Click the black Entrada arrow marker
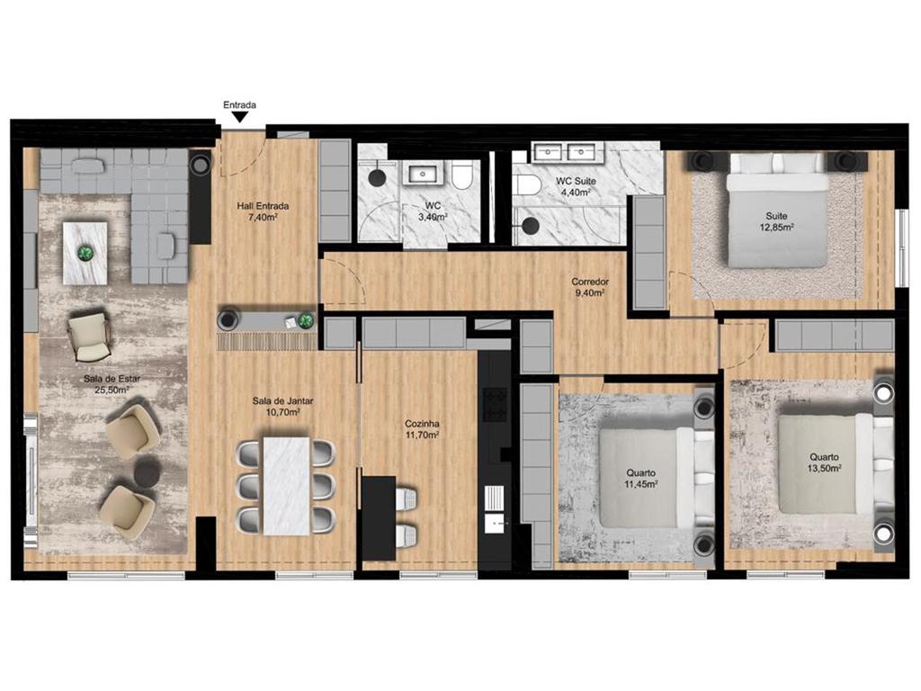coord(239,118)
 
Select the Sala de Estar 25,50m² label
coord(112,383)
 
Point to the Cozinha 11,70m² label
coord(422,429)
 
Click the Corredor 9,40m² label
coord(590,287)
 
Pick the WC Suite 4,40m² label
coord(576,186)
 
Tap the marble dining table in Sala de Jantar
coord(286,485)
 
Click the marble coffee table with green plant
coord(85,253)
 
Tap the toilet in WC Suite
coord(527,185)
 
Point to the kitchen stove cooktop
coord(494,405)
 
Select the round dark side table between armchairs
coord(148,472)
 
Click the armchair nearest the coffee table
coord(89,337)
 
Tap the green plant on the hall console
coord(306,321)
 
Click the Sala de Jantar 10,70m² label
coord(282,406)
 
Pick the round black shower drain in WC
coord(376,176)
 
